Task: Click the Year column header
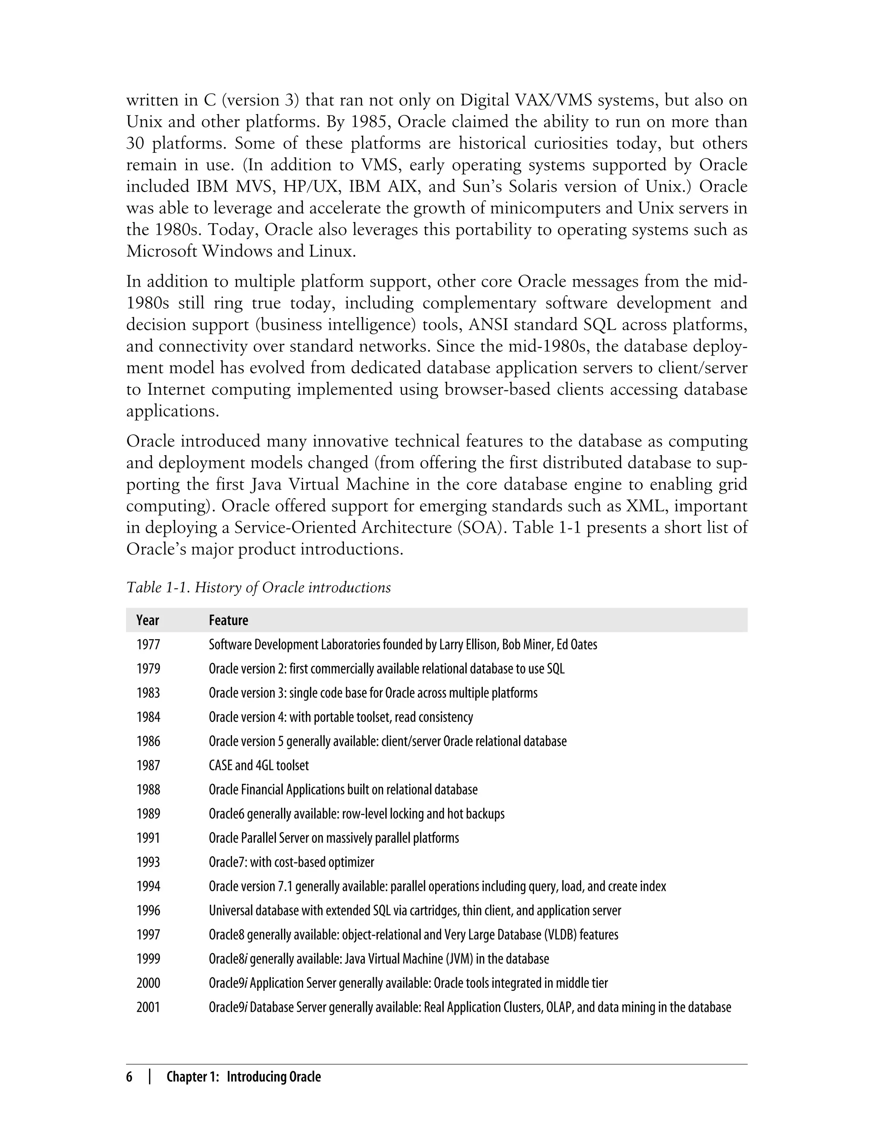pyautogui.click(x=147, y=620)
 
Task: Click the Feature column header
pyautogui.click(x=228, y=620)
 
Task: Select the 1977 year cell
pyautogui.click(x=149, y=645)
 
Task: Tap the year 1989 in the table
pyautogui.click(x=149, y=814)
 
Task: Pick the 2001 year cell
pyautogui.click(x=149, y=1007)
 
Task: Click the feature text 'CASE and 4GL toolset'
pyautogui.click(x=258, y=766)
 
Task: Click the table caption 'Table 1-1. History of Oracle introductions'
pyautogui.click(x=258, y=588)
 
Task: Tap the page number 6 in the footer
pyautogui.click(x=130, y=1077)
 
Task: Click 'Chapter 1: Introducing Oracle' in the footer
pyautogui.click(x=244, y=1077)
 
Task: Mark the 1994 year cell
pyautogui.click(x=149, y=887)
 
